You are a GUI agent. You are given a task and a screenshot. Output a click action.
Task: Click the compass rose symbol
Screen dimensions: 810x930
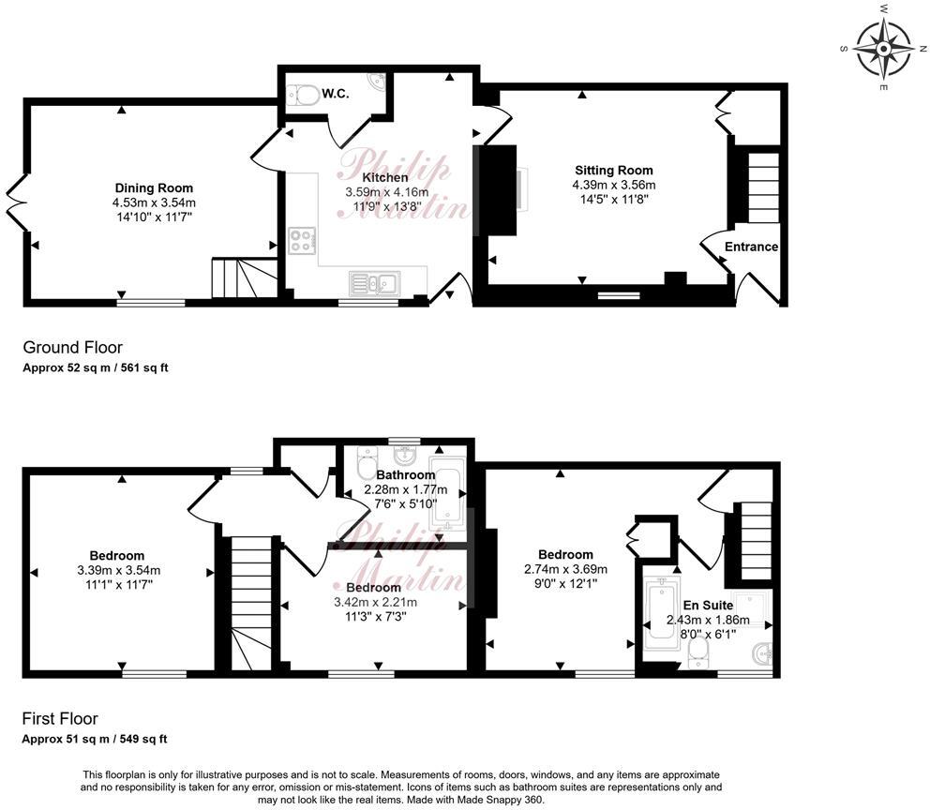(x=884, y=48)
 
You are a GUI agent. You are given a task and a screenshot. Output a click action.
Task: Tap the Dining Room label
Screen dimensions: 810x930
(x=154, y=187)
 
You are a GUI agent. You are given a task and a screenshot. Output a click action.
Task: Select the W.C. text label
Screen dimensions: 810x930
(x=336, y=94)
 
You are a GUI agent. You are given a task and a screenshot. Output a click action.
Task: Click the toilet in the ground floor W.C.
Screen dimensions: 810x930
(x=304, y=95)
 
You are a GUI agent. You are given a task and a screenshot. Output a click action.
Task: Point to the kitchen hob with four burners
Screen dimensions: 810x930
(x=303, y=241)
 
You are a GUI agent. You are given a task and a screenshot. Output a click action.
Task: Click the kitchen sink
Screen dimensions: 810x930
(x=374, y=282)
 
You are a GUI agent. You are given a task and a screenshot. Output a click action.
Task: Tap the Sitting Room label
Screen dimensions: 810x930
(x=613, y=171)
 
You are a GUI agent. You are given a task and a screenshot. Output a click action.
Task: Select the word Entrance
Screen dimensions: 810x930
(x=751, y=247)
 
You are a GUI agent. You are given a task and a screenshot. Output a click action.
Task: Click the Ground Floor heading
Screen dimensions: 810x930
(x=72, y=348)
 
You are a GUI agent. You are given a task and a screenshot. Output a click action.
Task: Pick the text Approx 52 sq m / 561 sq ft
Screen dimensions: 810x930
(x=95, y=367)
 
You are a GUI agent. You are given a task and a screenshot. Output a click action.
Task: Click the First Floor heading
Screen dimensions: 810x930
(x=60, y=719)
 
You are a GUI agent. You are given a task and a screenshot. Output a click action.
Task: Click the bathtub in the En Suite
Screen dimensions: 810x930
(x=661, y=615)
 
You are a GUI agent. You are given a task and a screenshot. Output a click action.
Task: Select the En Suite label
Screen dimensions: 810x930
(x=708, y=606)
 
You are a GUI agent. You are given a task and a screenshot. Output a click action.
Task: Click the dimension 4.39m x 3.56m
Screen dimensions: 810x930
(x=613, y=185)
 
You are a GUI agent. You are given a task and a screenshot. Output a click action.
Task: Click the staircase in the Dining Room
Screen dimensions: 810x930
(x=242, y=277)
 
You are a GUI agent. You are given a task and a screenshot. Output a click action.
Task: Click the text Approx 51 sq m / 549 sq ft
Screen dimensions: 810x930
(x=95, y=739)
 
